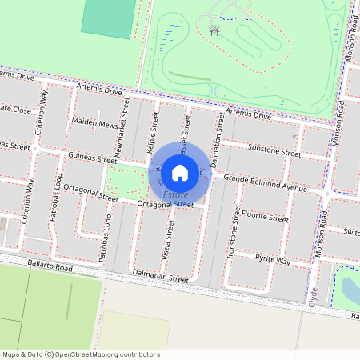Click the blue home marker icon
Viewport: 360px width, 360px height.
click(180, 172)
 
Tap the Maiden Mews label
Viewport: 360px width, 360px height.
click(94, 125)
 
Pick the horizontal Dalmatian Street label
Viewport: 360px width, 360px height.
click(162, 281)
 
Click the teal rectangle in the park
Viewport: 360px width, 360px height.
click(106, 18)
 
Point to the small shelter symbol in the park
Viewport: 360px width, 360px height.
click(214, 30)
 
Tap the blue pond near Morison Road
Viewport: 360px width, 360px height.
click(351, 289)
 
